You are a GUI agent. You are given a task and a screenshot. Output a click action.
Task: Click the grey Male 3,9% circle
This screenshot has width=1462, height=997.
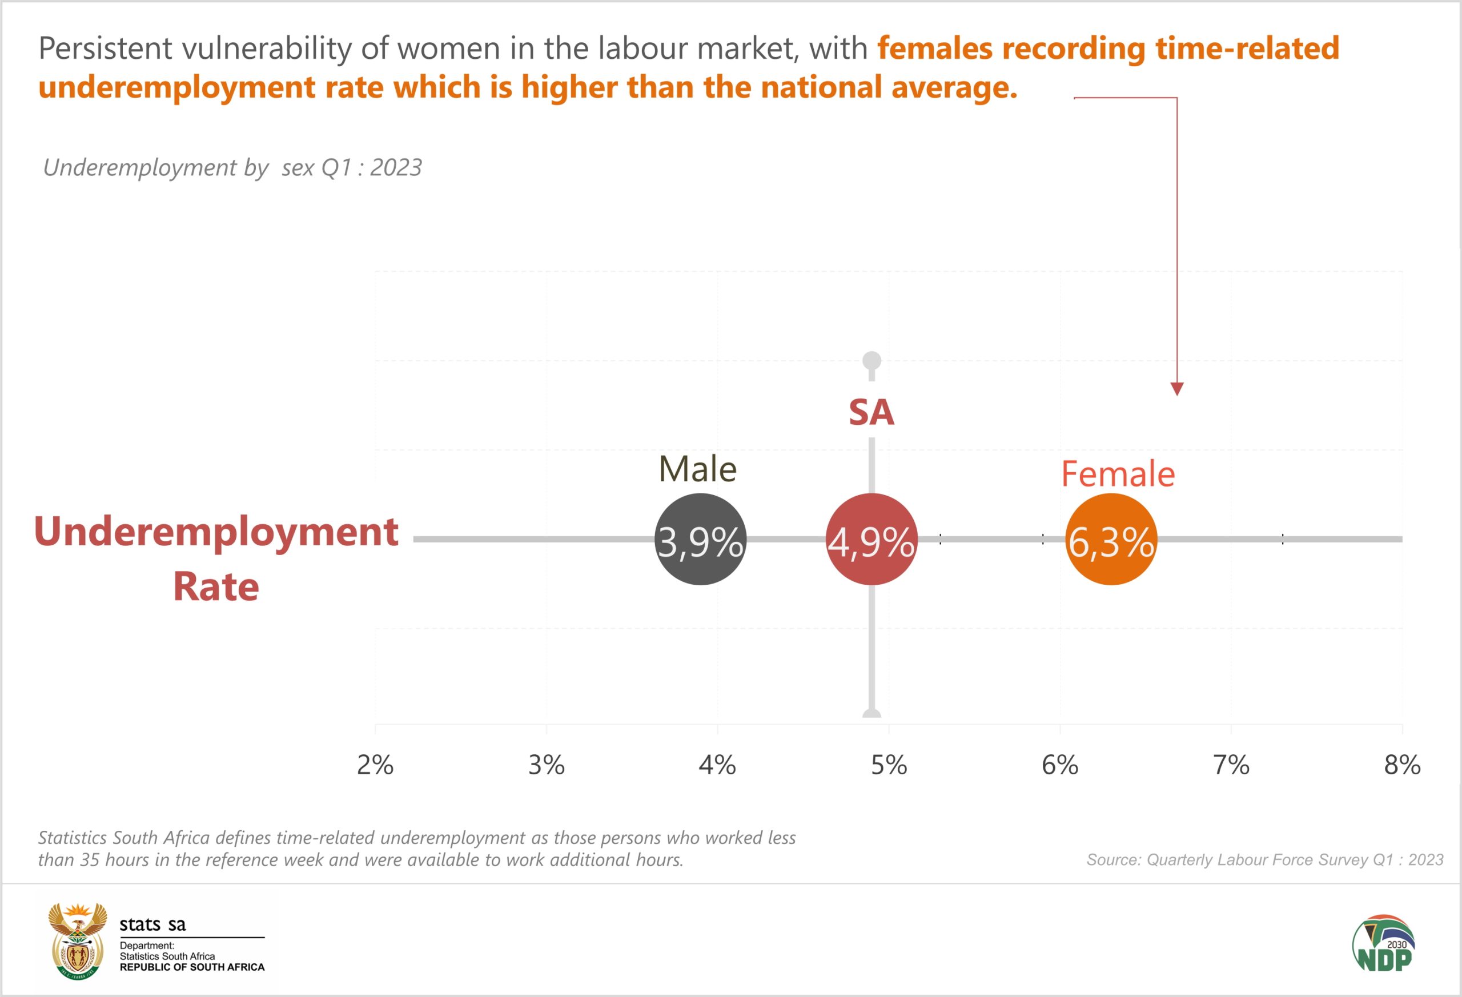700,539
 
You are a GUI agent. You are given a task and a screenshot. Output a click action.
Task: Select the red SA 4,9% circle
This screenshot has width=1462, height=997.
871,539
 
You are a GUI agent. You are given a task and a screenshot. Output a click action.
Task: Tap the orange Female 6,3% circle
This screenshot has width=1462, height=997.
1111,539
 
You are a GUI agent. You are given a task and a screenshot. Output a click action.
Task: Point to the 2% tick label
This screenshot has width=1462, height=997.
375,765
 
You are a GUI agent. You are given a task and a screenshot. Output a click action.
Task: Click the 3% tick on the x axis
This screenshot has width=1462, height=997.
546,765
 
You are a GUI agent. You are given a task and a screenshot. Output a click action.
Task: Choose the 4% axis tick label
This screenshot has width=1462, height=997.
717,765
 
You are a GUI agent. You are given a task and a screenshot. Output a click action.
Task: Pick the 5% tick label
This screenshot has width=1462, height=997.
889,765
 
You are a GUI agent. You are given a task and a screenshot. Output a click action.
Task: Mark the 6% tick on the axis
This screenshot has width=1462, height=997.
1060,765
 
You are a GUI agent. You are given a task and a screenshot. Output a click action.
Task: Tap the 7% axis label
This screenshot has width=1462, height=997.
1231,765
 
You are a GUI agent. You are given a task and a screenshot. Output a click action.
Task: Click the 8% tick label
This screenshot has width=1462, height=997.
1402,765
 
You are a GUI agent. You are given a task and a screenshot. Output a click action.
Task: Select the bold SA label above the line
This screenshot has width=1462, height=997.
871,413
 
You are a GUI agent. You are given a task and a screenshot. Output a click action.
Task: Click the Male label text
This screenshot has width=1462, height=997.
698,469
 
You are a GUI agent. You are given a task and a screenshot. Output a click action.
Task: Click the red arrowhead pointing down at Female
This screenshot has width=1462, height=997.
1177,389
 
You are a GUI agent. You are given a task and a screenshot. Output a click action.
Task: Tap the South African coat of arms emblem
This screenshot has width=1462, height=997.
77,941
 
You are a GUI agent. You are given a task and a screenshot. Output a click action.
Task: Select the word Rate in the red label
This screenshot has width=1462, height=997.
216,587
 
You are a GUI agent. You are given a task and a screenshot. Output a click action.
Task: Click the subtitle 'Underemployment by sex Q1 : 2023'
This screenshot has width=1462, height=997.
232,167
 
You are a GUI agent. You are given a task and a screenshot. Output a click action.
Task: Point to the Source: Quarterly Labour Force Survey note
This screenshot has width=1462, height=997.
1264,860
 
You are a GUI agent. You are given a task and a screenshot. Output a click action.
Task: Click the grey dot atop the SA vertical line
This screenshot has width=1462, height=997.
871,360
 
